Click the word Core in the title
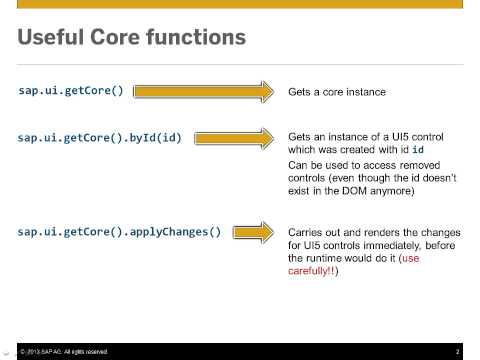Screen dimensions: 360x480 pyautogui.click(x=124, y=39)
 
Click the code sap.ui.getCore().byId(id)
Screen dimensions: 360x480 pyautogui.click(x=99, y=137)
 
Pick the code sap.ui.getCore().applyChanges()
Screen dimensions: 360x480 pyautogui.click(x=119, y=232)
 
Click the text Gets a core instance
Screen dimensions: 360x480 pyautogui.click(x=336, y=92)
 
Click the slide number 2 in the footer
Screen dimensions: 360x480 pyautogui.click(x=457, y=351)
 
